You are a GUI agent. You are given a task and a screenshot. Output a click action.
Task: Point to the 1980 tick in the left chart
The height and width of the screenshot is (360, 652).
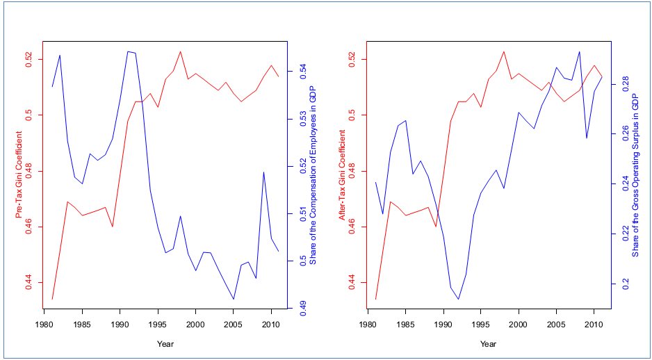coord(44,325)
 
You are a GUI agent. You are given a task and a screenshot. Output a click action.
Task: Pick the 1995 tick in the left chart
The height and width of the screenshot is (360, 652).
coord(158,325)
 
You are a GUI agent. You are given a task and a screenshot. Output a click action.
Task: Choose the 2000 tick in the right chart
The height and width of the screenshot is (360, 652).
coord(518,325)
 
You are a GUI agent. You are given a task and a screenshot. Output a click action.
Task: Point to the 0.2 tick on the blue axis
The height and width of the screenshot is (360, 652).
coord(624,284)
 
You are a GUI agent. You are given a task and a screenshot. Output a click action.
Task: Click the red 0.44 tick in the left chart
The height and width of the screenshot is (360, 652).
coord(29,281)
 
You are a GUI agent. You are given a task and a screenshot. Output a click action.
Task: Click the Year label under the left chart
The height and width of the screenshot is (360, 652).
coord(165,343)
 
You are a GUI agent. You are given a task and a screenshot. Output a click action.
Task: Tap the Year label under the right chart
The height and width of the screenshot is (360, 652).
coord(489,343)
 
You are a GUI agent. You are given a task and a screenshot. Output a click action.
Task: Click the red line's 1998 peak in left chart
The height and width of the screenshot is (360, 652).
coord(181,51)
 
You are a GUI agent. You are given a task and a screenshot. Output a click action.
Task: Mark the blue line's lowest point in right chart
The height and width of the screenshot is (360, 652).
coord(458,300)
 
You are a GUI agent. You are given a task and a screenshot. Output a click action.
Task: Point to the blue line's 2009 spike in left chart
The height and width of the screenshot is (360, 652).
coord(263,172)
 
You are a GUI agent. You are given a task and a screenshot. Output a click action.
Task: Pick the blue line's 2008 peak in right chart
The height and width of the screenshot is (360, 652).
coord(579,51)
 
